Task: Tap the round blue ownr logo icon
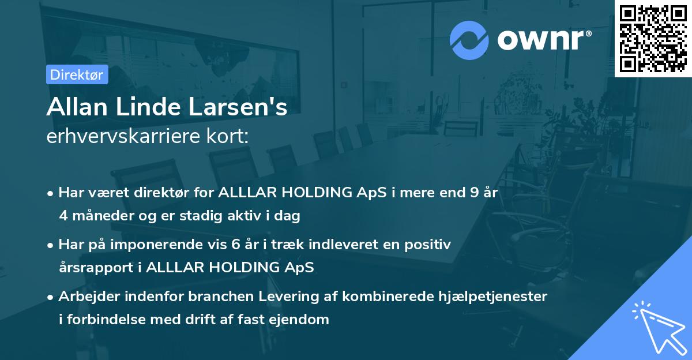pos(469,40)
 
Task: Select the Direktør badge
pos(77,74)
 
